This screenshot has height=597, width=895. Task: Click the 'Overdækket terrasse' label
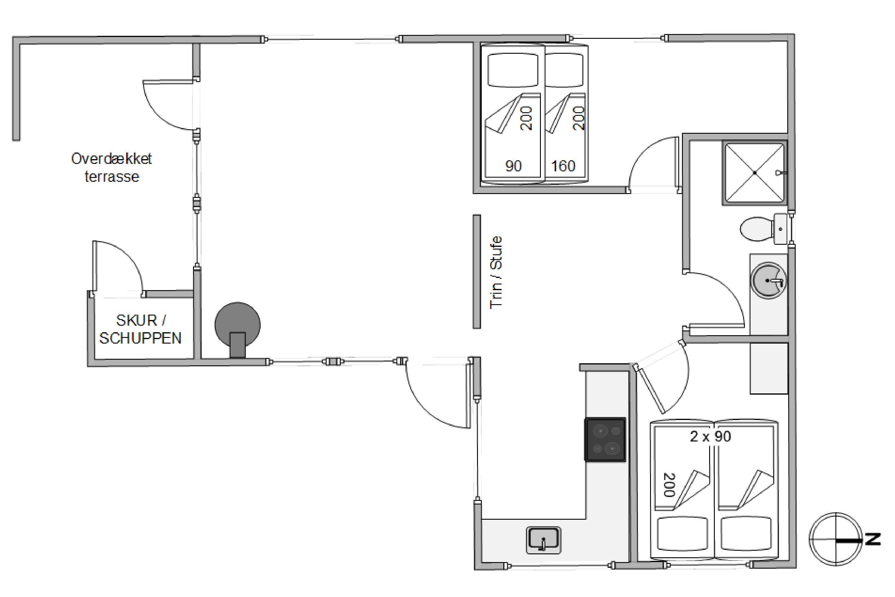112,167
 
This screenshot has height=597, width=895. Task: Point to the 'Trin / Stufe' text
496,273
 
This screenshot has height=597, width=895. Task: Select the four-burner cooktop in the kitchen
605,440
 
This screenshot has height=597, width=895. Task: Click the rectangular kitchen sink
543,540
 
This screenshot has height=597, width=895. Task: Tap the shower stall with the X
754,173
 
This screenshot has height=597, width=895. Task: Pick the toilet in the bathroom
765,229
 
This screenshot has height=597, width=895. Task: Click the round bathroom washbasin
768,281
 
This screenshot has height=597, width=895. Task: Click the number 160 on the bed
563,166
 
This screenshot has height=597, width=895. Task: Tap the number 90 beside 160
513,166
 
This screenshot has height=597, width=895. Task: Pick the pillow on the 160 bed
564,70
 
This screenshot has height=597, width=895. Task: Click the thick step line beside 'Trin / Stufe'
477,271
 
